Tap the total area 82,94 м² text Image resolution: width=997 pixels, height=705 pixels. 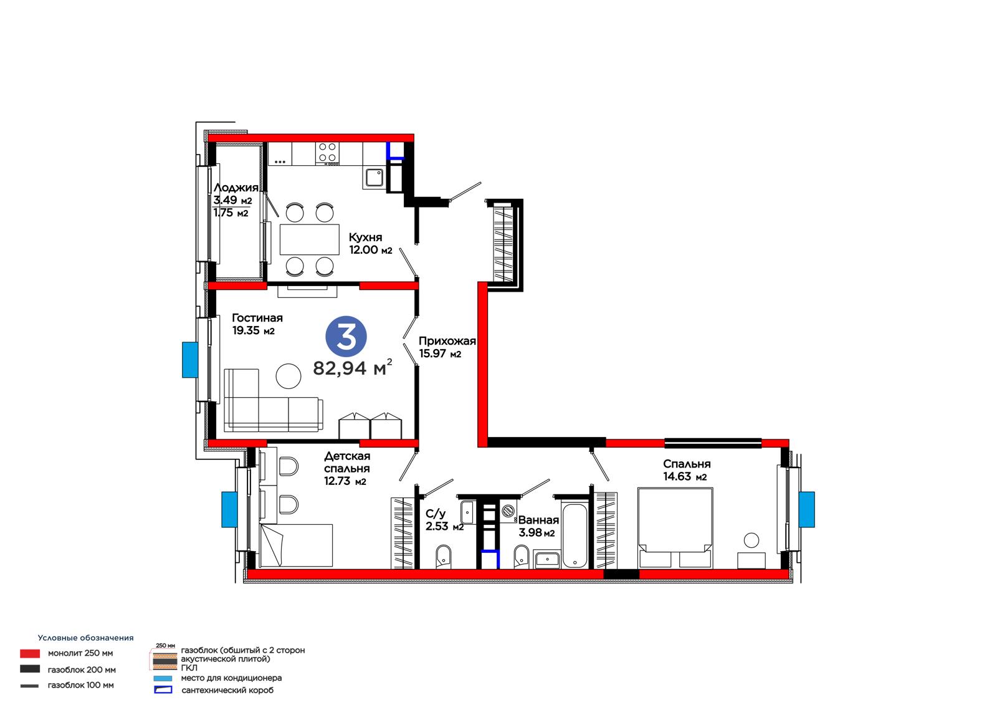[353, 367]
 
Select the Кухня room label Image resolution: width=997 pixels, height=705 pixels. [365, 237]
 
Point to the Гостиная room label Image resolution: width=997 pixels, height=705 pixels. [257, 317]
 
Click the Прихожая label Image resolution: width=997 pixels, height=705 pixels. [447, 341]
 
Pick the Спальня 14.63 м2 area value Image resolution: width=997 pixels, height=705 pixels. [685, 476]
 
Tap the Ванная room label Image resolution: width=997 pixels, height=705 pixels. [538, 520]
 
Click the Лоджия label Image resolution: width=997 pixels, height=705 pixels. [236, 188]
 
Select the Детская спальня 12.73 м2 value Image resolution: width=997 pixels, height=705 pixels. [345, 481]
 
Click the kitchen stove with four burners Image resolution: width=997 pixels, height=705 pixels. [327, 153]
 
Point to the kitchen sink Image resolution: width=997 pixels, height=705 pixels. [374, 178]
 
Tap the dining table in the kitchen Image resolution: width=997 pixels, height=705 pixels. [309, 239]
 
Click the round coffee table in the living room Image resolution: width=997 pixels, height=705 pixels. [289, 376]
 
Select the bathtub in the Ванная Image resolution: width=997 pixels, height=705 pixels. [574, 535]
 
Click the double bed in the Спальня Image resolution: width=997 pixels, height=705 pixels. [675, 528]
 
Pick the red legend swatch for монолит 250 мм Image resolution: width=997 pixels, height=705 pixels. [30, 653]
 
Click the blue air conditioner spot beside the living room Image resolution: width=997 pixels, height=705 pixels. [190, 360]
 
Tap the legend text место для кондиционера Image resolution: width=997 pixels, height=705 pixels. [231, 678]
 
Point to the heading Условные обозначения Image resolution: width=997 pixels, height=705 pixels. [85, 638]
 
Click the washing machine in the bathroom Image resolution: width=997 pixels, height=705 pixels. [508, 511]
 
